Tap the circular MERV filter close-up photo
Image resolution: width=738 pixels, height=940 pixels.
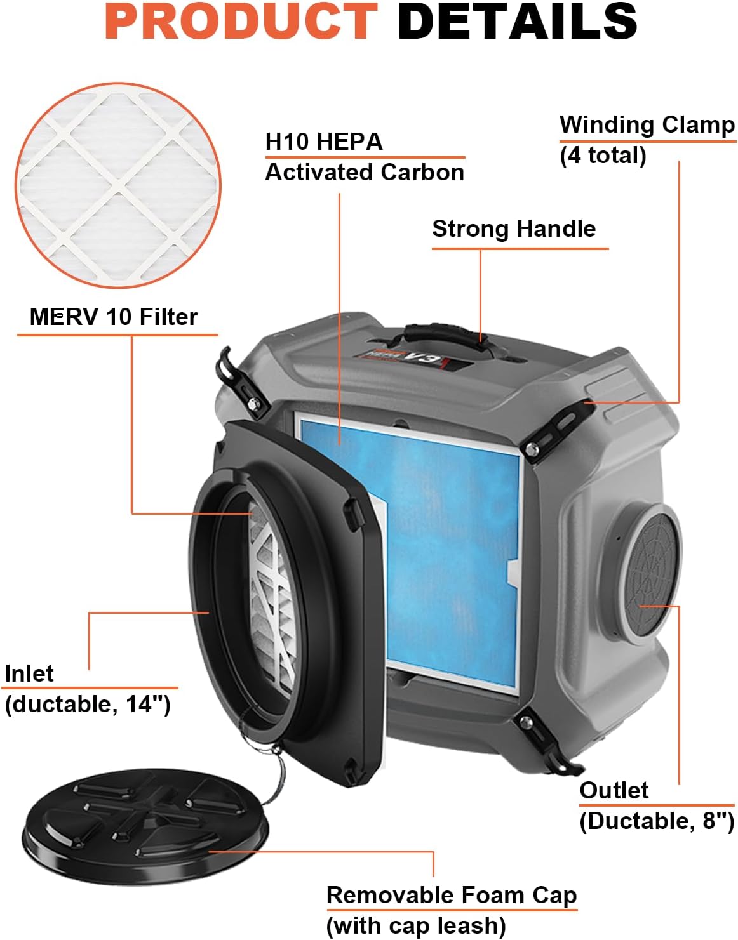tap(118, 185)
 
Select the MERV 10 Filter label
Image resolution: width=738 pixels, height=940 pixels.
tap(114, 317)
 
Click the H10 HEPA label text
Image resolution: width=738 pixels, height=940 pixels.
tap(324, 142)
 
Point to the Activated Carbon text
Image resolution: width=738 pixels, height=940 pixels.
tap(365, 173)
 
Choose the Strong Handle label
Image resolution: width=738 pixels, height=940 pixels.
tap(514, 229)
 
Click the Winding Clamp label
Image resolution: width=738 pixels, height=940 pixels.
tap(647, 124)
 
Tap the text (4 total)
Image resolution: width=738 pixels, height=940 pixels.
tap(603, 156)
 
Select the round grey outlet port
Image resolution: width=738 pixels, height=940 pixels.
tap(648, 574)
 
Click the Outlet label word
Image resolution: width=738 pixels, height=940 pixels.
tap(614, 791)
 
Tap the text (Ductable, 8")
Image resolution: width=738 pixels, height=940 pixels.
tap(657, 821)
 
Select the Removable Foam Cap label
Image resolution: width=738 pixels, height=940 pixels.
tap(452, 896)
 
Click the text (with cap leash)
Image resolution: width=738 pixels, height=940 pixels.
tap(416, 926)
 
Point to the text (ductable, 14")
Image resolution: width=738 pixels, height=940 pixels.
tap(88, 705)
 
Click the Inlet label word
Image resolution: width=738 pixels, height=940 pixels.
tap(29, 674)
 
